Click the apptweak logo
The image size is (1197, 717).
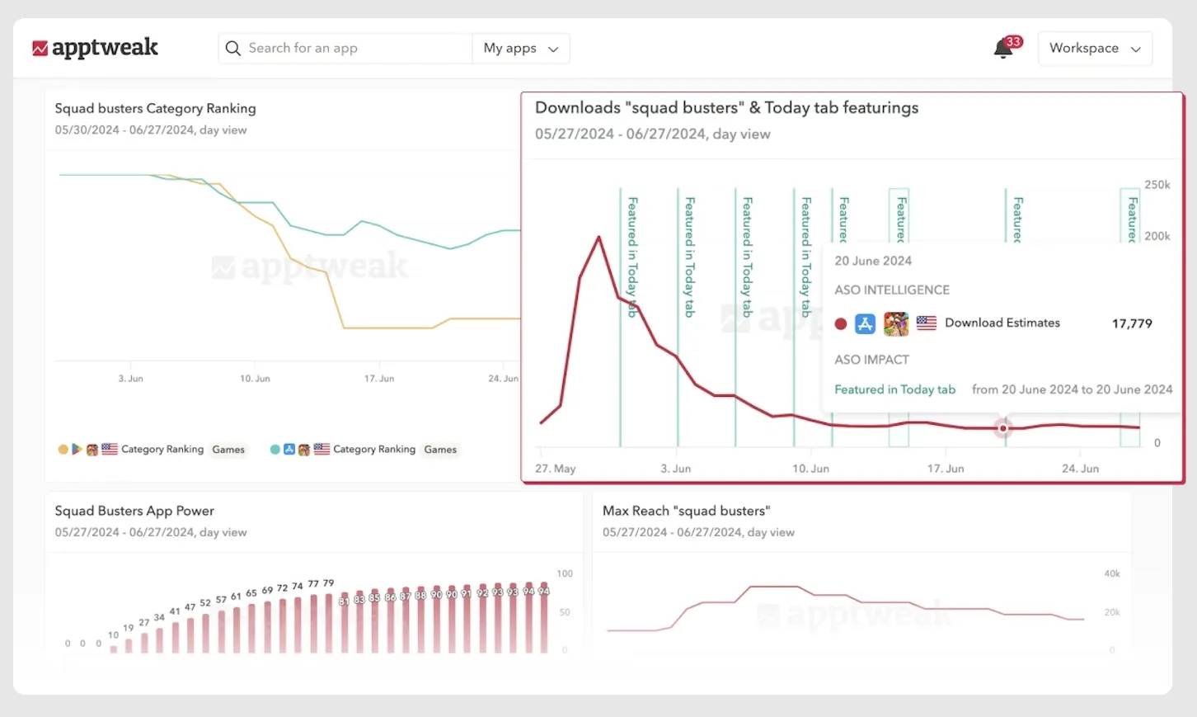pyautogui.click(x=95, y=48)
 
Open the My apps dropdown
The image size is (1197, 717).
pyautogui.click(x=521, y=48)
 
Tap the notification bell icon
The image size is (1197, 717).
pyautogui.click(x=1003, y=49)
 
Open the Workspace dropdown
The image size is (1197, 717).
pyautogui.click(x=1095, y=48)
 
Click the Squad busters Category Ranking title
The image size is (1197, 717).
pyautogui.click(x=155, y=108)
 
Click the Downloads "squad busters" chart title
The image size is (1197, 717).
pyautogui.click(x=726, y=107)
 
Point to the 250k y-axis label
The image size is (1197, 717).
pyautogui.click(x=1157, y=185)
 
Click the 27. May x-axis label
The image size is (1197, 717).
pyautogui.click(x=555, y=469)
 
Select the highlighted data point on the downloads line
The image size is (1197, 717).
pyautogui.click(x=1002, y=428)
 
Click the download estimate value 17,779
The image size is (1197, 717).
pyautogui.click(x=1132, y=323)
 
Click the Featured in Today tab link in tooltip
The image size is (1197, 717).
pyautogui.click(x=894, y=389)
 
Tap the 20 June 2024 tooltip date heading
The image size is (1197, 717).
pyautogui.click(x=873, y=261)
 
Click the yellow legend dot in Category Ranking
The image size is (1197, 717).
pyautogui.click(x=63, y=450)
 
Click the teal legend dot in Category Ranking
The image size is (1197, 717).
pyautogui.click(x=275, y=450)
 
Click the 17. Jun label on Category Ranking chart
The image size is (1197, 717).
pyautogui.click(x=379, y=379)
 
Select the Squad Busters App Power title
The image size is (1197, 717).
pyautogui.click(x=134, y=511)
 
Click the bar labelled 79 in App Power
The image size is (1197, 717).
pyautogui.click(x=329, y=623)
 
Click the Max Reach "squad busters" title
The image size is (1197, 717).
pyautogui.click(x=686, y=511)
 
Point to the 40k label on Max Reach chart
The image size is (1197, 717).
pyautogui.click(x=1112, y=573)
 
